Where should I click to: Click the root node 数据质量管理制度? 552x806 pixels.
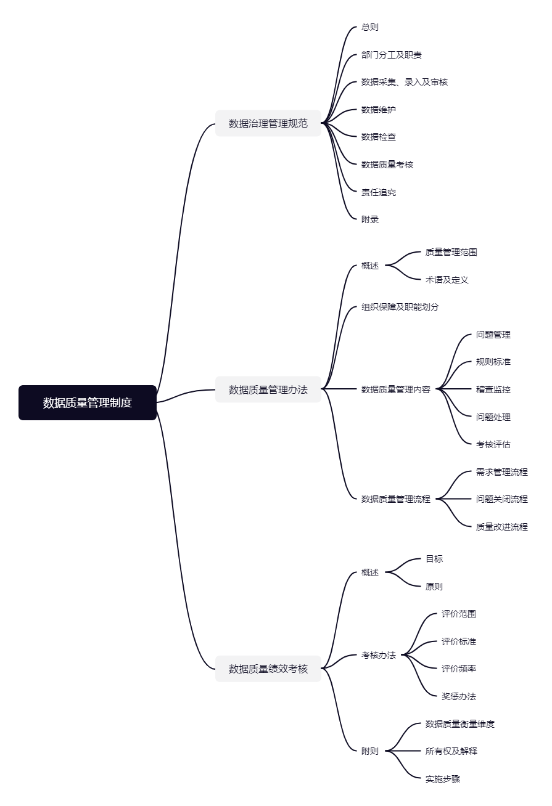tap(88, 402)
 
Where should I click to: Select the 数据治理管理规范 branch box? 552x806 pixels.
tap(268, 123)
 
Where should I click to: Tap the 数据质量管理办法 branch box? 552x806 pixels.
tap(268, 389)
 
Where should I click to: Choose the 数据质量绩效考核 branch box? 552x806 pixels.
tap(268, 669)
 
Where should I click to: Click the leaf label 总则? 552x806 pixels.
tap(370, 27)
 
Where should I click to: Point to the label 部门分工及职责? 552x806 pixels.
tap(392, 55)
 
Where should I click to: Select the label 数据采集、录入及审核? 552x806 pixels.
tap(405, 82)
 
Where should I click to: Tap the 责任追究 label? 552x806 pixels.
tap(379, 192)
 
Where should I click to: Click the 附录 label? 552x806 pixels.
tap(370, 219)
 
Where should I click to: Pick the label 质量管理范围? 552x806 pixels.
tap(451, 252)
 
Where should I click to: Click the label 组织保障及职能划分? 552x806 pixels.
tap(400, 307)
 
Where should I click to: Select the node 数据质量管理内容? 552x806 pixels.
tap(396, 389)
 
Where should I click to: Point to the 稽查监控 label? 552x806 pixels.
tap(493, 389)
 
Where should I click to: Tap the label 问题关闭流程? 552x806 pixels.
tap(502, 499)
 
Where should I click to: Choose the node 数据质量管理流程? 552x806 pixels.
tap(396, 499)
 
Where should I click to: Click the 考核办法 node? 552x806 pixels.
tap(379, 655)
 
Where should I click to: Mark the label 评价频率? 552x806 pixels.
tap(459, 669)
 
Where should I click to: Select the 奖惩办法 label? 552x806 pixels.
tap(459, 696)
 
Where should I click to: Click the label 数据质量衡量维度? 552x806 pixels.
tap(460, 724)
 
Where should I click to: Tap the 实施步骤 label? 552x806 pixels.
tap(443, 779)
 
